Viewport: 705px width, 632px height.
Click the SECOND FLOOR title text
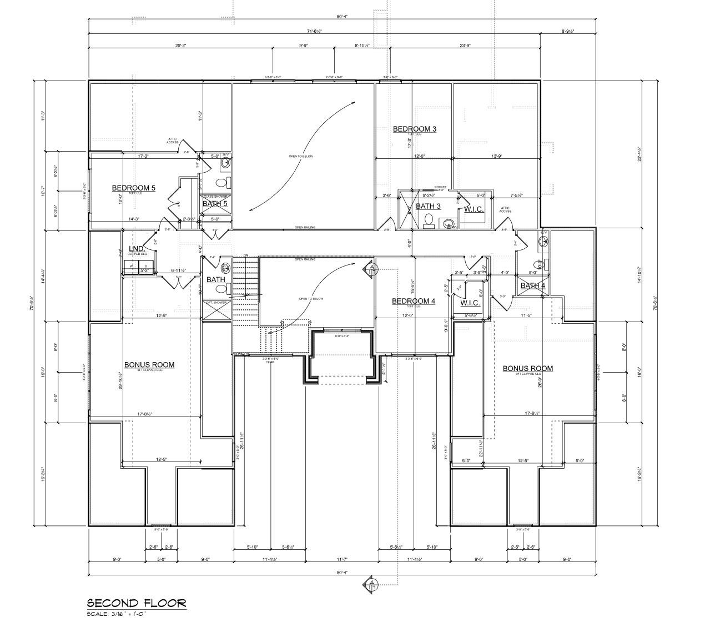pos(136,603)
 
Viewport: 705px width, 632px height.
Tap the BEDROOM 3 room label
pos(414,129)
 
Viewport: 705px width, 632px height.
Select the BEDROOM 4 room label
pos(413,301)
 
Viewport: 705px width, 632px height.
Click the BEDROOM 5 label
pos(133,188)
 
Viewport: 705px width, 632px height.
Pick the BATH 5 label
pos(214,204)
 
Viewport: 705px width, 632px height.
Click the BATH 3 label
pos(428,206)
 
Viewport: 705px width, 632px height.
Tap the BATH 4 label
pos(532,285)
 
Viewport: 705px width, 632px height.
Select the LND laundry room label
pos(137,248)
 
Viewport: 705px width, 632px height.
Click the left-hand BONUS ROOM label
pos(149,365)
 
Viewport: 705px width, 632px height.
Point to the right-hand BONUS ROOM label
pos(527,368)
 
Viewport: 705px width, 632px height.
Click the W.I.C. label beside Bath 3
pos(474,209)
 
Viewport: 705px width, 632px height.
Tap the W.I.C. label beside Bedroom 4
pos(470,303)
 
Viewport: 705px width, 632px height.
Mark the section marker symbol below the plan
pos(371,584)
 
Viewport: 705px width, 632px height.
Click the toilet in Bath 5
pos(221,183)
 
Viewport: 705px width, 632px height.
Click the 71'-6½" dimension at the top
pos(314,32)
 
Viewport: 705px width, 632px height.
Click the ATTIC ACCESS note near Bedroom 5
pos(173,141)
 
